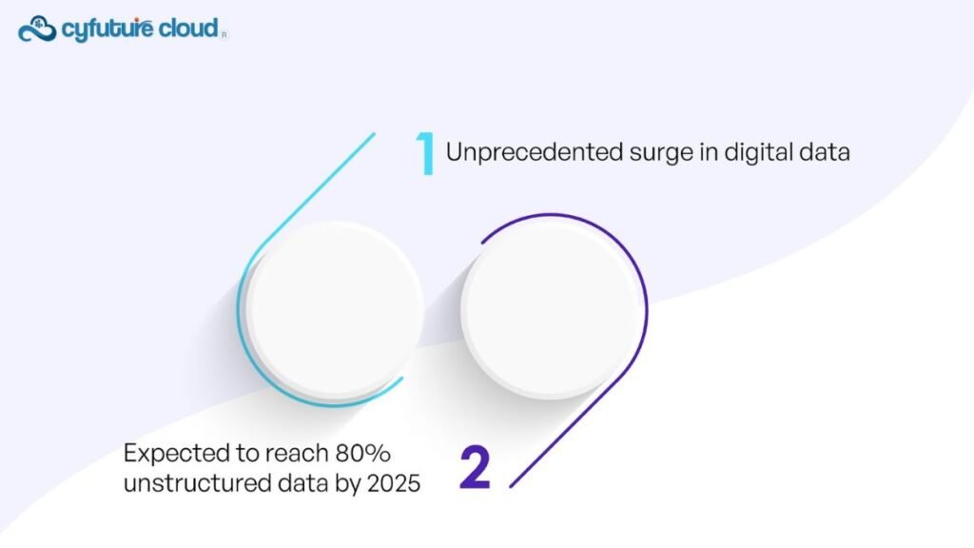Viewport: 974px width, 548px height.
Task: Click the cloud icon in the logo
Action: (37, 29)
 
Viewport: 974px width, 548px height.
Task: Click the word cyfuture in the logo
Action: (107, 29)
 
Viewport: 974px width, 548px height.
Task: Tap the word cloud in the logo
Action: (188, 28)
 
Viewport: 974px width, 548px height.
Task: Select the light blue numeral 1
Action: (424, 153)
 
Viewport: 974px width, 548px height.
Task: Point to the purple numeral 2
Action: (476, 467)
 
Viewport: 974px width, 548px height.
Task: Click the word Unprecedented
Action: (535, 153)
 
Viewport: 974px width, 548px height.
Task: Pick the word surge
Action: (661, 155)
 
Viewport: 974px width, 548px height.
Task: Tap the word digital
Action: (758, 153)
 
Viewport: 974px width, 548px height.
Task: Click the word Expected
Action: (176, 454)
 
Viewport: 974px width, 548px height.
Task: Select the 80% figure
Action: (362, 454)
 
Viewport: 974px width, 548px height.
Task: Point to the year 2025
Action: (394, 483)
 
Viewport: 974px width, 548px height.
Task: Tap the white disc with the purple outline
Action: (551, 310)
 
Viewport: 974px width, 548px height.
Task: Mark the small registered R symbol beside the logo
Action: (224, 35)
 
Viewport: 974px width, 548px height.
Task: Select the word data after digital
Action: (825, 152)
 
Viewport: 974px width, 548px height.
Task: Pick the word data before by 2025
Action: (302, 483)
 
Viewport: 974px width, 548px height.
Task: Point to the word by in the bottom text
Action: (348, 484)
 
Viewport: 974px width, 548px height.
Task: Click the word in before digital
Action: (709, 152)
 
